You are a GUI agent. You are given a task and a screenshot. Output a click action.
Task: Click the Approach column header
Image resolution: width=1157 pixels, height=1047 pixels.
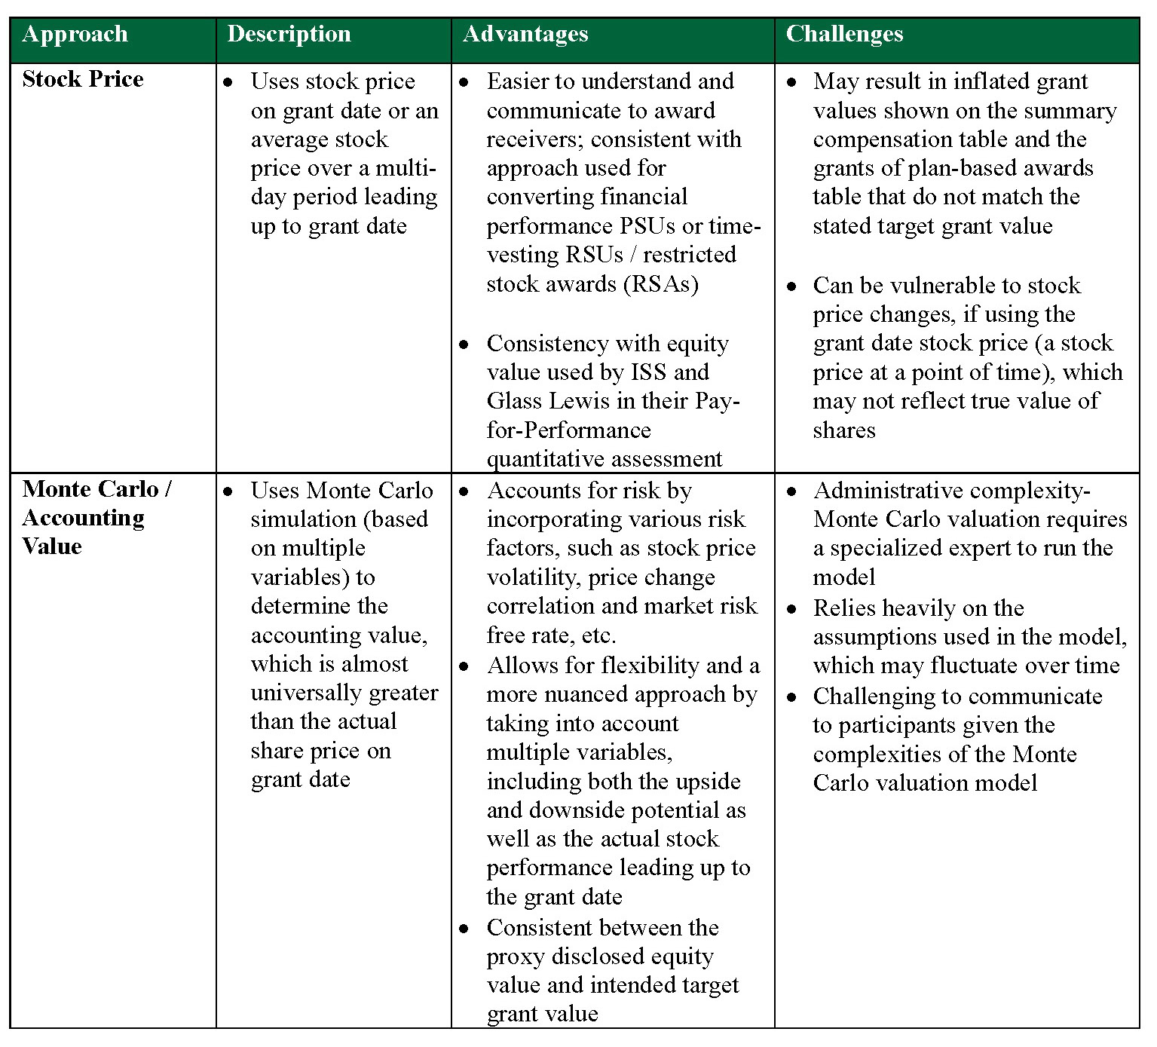tap(75, 35)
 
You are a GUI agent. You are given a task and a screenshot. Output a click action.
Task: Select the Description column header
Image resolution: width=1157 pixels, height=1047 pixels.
tap(289, 35)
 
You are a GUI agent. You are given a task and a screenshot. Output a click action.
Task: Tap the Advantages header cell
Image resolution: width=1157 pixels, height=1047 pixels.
tap(525, 35)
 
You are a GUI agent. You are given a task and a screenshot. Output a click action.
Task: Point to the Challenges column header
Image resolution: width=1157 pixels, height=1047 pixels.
tap(844, 35)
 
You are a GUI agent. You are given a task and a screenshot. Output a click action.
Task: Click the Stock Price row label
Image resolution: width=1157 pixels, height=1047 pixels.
tap(83, 79)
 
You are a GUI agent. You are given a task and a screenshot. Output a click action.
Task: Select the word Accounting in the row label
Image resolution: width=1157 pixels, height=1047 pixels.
tap(84, 518)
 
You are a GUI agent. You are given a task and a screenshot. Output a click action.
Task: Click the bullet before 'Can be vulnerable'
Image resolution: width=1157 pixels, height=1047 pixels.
tap(791, 286)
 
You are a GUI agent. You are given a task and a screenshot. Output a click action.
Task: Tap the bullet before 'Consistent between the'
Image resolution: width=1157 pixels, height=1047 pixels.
tap(464, 929)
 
